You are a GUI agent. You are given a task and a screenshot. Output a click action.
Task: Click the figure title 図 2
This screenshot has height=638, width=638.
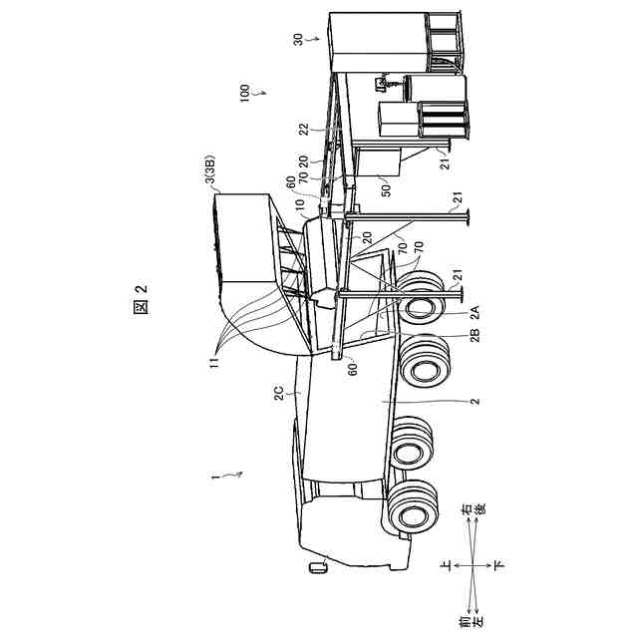pos(141,299)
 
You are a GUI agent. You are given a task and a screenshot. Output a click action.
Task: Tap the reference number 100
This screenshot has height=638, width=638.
pos(244,93)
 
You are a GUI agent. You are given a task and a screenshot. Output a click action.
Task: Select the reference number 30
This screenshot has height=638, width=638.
pos(299,40)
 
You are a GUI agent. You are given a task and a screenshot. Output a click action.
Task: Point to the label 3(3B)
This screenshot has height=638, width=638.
pos(210,169)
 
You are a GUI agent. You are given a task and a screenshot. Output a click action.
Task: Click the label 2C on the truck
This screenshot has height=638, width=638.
pos(279,394)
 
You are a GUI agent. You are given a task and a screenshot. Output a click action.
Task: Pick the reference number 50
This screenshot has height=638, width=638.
pos(386,190)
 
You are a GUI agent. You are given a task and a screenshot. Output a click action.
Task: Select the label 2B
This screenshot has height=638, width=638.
pos(476,334)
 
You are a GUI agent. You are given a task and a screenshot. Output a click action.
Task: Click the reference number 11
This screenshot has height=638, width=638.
pos(214,361)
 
